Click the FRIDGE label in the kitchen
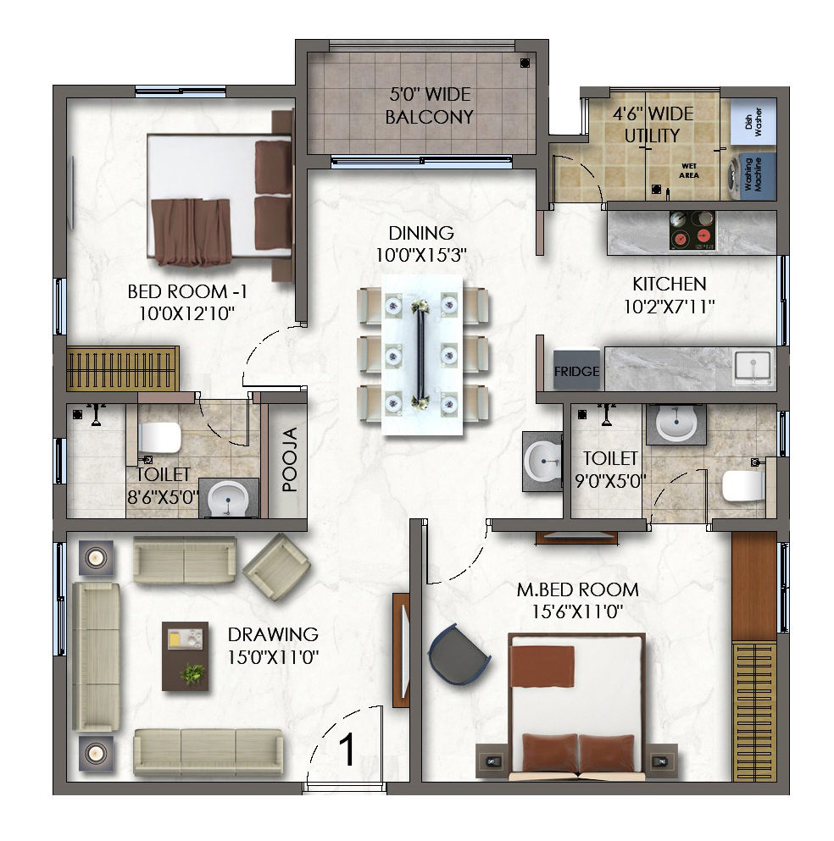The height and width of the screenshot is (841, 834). point(577,371)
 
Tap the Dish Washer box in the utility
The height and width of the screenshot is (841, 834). point(753,122)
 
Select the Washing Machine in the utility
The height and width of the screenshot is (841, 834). point(751,176)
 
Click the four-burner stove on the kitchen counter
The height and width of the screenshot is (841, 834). point(692,230)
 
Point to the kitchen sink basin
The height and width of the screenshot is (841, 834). point(753,367)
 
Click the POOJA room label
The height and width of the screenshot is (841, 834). point(289,459)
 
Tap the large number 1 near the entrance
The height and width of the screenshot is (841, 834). point(347,750)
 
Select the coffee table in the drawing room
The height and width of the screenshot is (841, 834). point(185,656)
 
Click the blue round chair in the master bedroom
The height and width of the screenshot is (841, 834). point(459,655)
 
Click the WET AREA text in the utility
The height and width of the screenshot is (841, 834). point(689,170)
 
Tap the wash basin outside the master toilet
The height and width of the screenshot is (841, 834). point(543,462)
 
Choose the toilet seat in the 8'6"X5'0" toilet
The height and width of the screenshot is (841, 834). point(160,438)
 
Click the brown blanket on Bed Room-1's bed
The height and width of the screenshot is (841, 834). point(191,232)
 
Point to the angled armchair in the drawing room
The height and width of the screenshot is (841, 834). point(277,567)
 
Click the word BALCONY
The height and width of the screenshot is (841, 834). point(430,116)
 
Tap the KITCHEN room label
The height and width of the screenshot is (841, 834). point(670,284)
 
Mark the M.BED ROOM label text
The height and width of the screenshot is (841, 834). point(577,589)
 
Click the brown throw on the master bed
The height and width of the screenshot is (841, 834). point(542,666)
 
